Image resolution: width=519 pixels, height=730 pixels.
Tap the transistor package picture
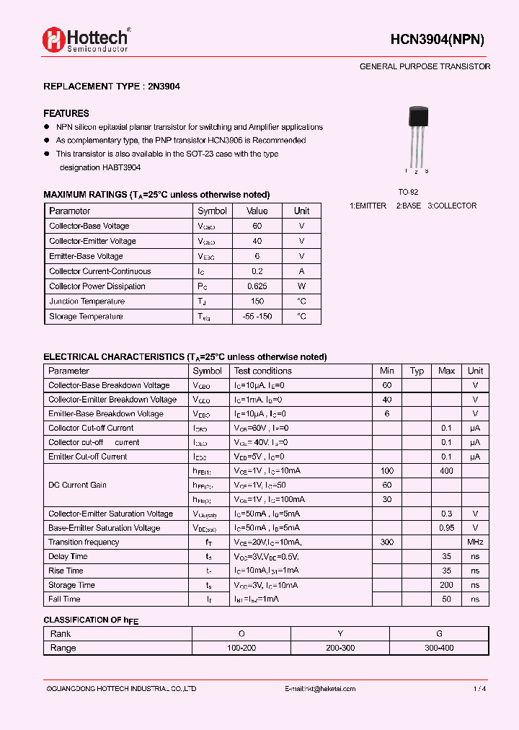(417, 137)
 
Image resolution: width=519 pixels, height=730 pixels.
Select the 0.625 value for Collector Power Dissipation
(257, 286)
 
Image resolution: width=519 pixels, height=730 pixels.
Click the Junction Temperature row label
(86, 302)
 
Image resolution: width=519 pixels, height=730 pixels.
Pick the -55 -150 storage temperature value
(257, 317)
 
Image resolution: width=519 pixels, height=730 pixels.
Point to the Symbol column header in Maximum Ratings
(212, 211)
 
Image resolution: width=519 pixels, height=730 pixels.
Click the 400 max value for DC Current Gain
(446, 471)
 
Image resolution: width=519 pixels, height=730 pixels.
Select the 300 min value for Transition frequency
(387, 542)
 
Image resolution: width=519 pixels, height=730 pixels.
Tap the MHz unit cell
(475, 542)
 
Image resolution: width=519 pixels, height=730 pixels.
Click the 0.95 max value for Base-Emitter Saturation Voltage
(446, 528)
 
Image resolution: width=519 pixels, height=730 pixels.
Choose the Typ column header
(417, 371)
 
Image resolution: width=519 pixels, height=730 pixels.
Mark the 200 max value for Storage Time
(446, 585)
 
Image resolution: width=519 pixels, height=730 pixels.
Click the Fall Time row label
(64, 599)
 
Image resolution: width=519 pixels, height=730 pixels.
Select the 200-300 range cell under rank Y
(340, 648)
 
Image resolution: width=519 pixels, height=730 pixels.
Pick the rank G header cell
(439, 633)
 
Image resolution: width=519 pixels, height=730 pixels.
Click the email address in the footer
(320, 689)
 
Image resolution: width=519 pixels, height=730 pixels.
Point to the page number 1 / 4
(479, 689)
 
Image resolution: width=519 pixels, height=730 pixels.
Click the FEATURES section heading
(66, 113)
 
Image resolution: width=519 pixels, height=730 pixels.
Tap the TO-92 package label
(408, 193)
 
